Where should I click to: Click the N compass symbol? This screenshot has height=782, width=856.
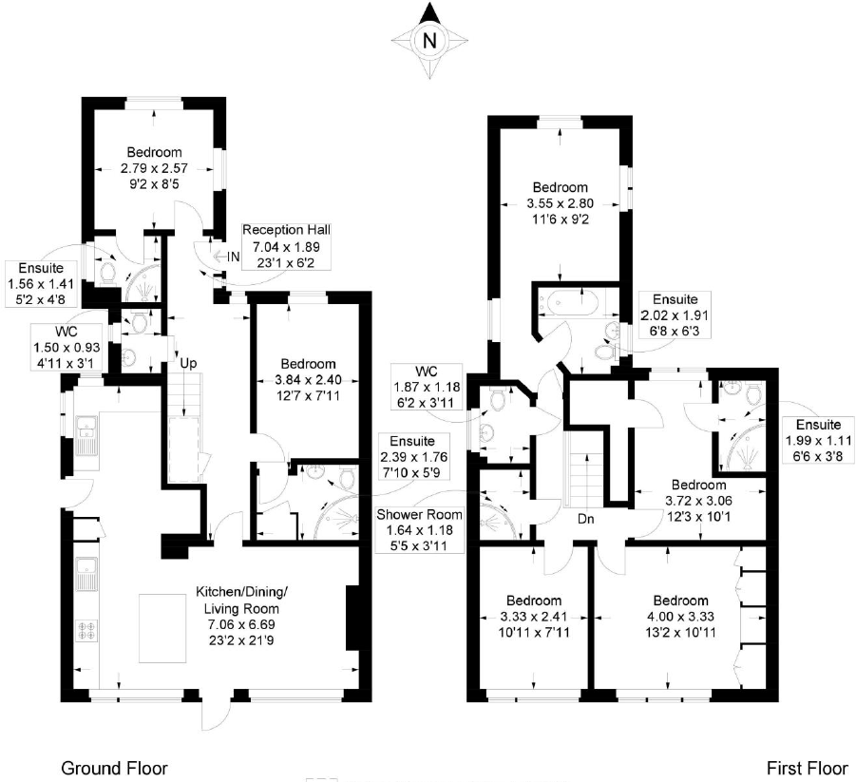pos(429,40)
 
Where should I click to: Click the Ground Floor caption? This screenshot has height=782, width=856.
pos(114,768)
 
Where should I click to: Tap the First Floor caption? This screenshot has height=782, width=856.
pos(805,768)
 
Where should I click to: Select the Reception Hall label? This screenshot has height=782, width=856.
pos(286,230)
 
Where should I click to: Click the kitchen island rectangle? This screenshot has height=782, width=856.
pos(169,627)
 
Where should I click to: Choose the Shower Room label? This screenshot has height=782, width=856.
pos(412,514)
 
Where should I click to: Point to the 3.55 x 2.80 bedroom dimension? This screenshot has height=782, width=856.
pos(560,203)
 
